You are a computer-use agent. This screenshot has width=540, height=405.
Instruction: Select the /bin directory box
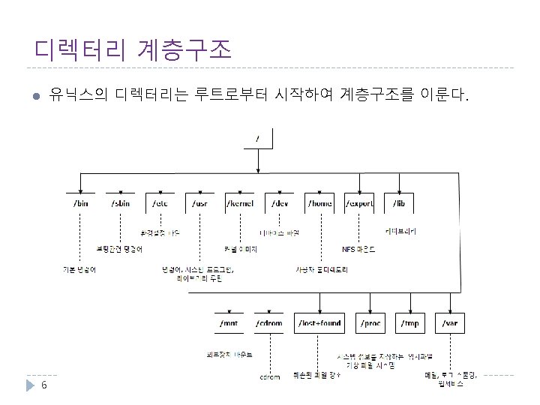click(x=81, y=203)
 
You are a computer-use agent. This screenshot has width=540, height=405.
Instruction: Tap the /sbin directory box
click(x=121, y=203)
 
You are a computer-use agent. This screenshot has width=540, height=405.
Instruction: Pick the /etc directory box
click(x=160, y=203)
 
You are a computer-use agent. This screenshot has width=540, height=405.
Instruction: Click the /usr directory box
click(x=199, y=203)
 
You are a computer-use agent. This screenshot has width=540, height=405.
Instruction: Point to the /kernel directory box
click(x=239, y=203)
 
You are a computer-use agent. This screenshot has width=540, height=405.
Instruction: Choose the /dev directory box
click(x=280, y=203)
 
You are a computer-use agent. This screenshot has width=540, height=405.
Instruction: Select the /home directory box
click(x=320, y=203)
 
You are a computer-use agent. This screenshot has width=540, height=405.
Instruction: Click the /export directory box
click(x=359, y=203)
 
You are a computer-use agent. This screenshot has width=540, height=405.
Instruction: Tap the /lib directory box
click(x=399, y=203)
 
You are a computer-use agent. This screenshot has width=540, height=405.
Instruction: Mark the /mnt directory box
click(x=229, y=323)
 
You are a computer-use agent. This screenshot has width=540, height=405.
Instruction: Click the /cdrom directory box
click(x=268, y=323)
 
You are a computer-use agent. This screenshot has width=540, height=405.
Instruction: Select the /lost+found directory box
click(x=319, y=323)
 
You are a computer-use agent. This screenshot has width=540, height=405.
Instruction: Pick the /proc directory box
click(x=370, y=323)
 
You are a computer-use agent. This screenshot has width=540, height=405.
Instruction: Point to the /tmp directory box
click(x=410, y=323)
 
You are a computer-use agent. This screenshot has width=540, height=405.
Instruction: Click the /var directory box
click(x=450, y=323)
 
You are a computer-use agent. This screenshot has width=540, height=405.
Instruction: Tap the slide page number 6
click(x=44, y=385)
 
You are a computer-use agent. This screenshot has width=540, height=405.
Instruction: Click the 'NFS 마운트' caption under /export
click(x=359, y=250)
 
